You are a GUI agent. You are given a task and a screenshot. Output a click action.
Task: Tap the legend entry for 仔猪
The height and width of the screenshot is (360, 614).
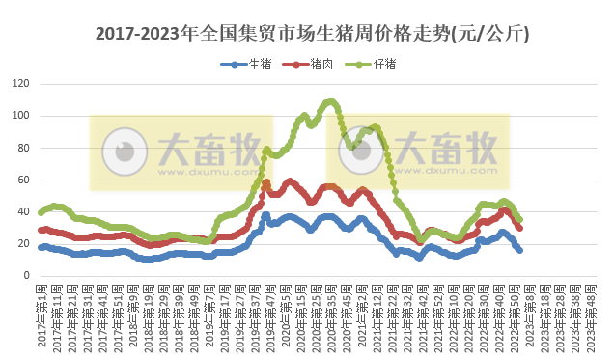(x=372, y=65)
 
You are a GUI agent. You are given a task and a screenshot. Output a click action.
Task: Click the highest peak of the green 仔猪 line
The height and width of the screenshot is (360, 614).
(x=331, y=100)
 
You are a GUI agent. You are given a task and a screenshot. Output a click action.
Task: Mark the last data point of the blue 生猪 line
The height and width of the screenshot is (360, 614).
(x=520, y=250)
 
